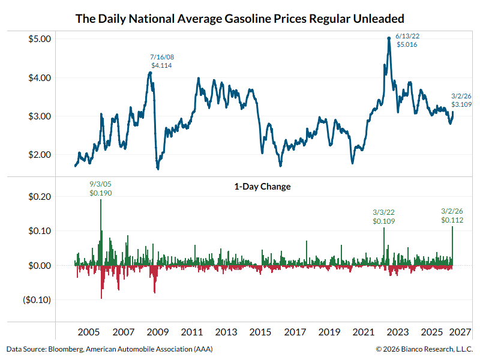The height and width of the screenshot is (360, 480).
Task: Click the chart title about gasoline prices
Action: tap(240, 18)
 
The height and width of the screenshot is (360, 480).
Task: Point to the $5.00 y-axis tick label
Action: tap(39, 39)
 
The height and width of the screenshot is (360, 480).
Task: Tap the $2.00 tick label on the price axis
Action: tap(39, 155)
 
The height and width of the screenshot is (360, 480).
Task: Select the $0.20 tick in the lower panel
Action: tap(39, 197)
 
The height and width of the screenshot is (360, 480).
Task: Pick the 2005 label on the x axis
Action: tap(89, 332)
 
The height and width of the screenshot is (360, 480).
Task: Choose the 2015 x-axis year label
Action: tap(260, 332)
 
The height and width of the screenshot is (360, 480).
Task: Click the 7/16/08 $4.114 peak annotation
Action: tap(161, 61)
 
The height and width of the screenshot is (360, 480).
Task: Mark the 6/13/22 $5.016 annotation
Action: tap(406, 40)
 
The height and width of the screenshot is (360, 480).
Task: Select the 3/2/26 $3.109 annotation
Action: tap(461, 100)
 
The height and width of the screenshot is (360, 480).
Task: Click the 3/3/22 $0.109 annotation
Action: tap(383, 217)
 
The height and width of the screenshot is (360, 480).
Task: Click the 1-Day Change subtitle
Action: tap(262, 187)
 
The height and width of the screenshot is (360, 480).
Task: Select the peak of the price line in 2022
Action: tap(389, 38)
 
